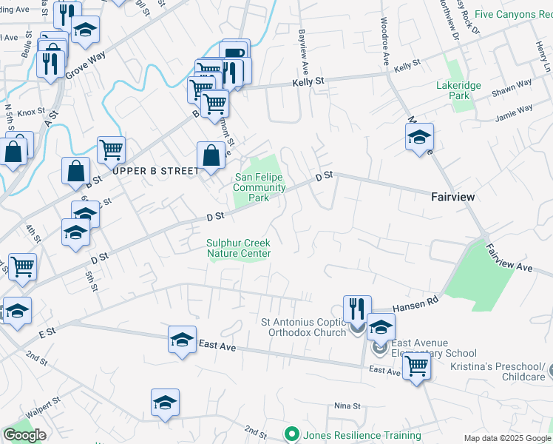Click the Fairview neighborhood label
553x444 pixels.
click(x=452, y=197)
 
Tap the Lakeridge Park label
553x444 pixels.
click(x=458, y=90)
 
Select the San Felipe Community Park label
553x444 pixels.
click(x=259, y=187)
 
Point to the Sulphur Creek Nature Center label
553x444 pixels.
click(x=239, y=248)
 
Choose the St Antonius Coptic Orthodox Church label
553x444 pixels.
click(x=304, y=327)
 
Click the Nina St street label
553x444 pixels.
click(x=347, y=406)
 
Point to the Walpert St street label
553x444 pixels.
click(x=41, y=409)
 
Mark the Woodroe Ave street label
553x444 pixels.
click(x=385, y=44)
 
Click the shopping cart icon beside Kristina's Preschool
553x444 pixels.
click(x=417, y=365)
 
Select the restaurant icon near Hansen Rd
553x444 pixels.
click(x=357, y=308)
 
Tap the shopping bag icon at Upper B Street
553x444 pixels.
click(x=211, y=155)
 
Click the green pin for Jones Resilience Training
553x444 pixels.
click(x=291, y=435)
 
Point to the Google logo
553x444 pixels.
click(x=24, y=435)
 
